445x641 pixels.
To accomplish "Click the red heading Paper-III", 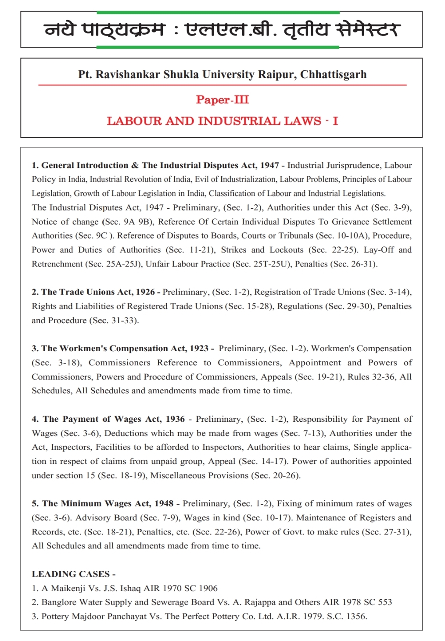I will (x=222, y=100).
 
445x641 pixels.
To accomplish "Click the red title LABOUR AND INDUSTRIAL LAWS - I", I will (x=222, y=121).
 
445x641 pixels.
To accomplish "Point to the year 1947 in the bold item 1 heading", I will (x=269, y=165).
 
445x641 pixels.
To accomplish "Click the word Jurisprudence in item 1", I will (x=354, y=165).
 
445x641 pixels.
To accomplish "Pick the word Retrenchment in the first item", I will (x=57, y=264).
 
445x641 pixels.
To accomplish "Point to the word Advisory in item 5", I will (x=93, y=518).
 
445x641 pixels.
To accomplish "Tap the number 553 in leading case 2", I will (x=384, y=602).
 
